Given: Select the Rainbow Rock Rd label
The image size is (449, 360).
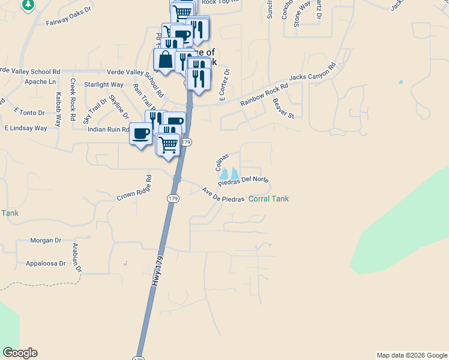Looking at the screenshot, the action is tap(264, 94).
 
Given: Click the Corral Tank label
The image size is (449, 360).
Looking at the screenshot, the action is tap(268, 199).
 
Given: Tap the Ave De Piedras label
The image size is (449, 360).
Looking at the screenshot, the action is tap(223, 196).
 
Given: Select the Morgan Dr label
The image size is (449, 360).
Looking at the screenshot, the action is tap(46, 241).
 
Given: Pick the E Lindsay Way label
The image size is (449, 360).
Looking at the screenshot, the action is tap(26, 128).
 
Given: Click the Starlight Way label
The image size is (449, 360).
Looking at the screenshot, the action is tap(103, 85).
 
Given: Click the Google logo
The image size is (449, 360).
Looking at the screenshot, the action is tap(20, 353).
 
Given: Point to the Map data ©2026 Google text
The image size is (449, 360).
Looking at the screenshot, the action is tap(412, 355).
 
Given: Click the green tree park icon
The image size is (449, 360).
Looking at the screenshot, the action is tap(28, 5).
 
